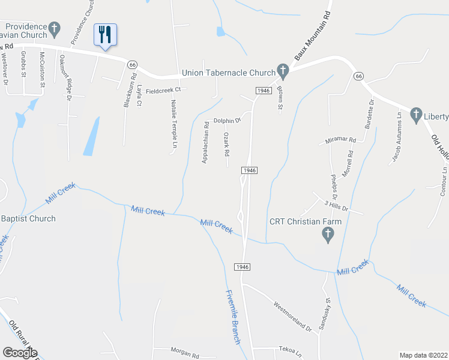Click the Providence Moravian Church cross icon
(55, 28)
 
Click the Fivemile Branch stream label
(234, 317)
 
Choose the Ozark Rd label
(227, 145)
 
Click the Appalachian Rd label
(205, 143)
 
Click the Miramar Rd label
(340, 139)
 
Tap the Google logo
(20, 353)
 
